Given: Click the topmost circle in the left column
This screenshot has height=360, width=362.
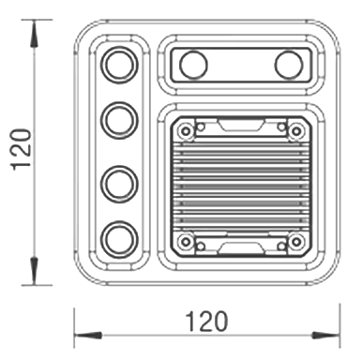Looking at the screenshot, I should tap(119, 66).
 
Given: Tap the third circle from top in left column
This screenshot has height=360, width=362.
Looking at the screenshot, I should tap(119, 181).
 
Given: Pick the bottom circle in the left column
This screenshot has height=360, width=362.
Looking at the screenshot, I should tap(119, 238).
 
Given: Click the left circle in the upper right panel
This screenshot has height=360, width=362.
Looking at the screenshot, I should tap(194, 65).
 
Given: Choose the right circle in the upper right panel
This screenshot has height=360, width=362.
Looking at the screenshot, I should tap(288, 65).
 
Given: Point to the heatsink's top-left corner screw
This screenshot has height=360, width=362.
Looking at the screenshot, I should tap(188, 129).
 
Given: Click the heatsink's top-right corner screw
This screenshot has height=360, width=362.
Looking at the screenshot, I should tap(295, 129).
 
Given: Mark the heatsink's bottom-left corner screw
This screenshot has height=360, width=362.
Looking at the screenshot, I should tap(188, 243).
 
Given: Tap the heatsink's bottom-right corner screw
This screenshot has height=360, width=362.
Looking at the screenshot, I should tap(295, 243).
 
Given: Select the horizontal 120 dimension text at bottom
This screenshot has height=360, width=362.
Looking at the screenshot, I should tap(206, 322).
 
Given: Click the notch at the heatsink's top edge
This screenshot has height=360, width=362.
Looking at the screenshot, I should tap(241, 125).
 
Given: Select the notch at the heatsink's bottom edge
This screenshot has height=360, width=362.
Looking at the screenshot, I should tap(241, 247).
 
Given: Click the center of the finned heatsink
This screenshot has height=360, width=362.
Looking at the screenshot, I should tap(241, 186).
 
